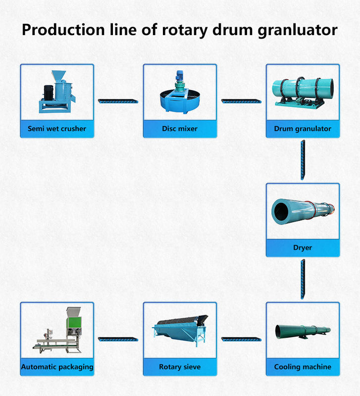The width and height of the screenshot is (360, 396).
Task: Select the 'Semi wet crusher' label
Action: coord(57,129)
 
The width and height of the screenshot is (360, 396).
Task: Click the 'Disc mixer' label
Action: coord(180,129)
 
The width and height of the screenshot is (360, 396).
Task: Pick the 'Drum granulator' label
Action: coord(303,129)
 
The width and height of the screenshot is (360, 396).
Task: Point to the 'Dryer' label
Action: coord(303,247)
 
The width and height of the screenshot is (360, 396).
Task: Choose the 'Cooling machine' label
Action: coord(303,367)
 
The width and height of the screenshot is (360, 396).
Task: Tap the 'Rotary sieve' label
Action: coord(180,367)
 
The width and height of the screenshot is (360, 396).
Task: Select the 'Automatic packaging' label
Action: coord(57,367)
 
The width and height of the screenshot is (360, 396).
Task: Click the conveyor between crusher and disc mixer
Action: coord(118,101)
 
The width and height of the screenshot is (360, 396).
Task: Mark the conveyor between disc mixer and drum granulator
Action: coord(241,101)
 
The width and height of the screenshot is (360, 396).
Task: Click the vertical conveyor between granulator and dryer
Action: coord(303,160)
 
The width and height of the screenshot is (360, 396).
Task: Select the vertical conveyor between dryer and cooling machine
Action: coord(303,279)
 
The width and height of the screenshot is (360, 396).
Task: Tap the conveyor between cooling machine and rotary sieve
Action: coord(241,339)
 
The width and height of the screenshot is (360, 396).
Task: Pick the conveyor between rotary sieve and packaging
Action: coord(118,339)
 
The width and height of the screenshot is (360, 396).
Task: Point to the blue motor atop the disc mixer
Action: coord(179,78)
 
